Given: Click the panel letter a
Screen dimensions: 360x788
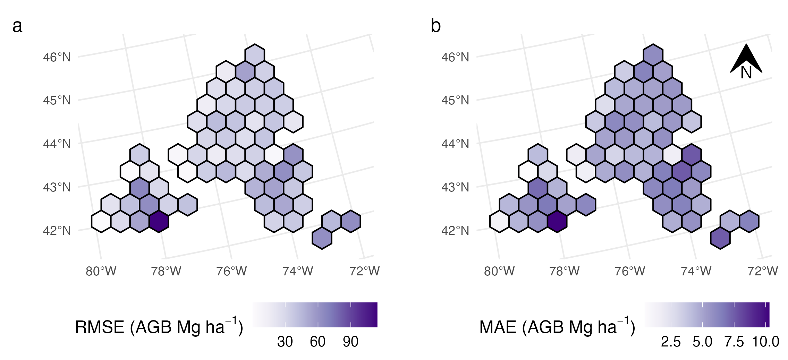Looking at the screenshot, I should [x=17, y=26].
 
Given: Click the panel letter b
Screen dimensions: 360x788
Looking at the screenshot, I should [x=435, y=26].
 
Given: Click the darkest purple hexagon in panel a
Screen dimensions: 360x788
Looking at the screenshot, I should [x=159, y=221].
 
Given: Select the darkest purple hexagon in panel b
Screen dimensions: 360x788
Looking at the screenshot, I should [x=557, y=221].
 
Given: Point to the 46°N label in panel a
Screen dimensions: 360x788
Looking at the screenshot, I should [x=57, y=57].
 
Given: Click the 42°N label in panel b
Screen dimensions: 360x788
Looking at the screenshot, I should [x=455, y=231].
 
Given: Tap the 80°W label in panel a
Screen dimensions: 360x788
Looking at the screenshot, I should [x=101, y=271].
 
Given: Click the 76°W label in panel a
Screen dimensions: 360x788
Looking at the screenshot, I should [x=231, y=271].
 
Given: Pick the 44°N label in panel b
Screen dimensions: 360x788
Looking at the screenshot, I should [x=455, y=144].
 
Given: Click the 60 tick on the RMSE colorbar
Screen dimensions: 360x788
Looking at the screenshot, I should [x=318, y=342].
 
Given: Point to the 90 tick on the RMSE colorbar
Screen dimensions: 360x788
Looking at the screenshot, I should [x=350, y=342].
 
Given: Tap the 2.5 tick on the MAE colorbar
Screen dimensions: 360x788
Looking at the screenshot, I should [x=671, y=342].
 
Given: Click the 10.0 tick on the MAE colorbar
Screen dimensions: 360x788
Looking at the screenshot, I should [x=766, y=342].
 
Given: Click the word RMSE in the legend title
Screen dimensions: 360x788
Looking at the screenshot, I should [x=100, y=327].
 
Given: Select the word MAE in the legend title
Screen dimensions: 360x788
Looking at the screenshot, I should [x=498, y=327].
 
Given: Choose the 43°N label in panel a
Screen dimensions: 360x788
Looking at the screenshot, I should [x=57, y=187].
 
